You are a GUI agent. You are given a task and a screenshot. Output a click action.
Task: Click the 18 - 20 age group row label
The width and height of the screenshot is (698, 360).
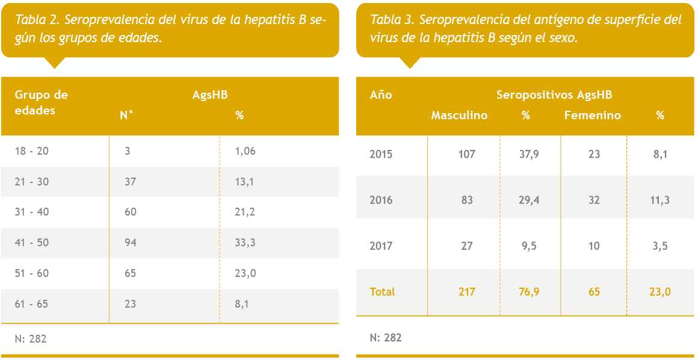32,151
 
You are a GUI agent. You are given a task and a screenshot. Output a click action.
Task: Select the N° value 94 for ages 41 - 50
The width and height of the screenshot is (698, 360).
131,243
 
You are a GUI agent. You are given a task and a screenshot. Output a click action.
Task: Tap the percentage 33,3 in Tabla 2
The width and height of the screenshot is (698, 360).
244,243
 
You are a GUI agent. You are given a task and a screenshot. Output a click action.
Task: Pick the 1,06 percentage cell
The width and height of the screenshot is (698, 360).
246,151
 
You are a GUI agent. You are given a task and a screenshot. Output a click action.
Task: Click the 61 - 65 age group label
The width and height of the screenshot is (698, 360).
32,304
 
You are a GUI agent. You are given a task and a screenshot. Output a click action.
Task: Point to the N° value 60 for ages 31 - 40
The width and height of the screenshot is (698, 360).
131,212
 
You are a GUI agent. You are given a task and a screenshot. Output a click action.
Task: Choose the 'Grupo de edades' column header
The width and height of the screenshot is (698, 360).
41,102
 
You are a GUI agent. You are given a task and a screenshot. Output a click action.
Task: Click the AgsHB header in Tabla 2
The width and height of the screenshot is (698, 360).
210,95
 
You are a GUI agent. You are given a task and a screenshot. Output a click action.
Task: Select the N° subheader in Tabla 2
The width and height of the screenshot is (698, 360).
126,115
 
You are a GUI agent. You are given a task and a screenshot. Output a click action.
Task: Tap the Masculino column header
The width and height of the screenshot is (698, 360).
459,115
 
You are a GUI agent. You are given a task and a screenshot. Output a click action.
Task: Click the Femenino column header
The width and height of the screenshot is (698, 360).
593,115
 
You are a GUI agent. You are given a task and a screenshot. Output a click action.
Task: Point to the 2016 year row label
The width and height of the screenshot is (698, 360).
381,200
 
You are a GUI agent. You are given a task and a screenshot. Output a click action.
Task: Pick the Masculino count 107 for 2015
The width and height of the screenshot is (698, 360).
466,154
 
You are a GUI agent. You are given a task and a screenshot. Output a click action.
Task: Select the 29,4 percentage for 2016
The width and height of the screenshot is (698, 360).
529,200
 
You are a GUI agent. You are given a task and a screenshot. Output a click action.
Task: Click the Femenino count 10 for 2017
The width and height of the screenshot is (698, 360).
594,246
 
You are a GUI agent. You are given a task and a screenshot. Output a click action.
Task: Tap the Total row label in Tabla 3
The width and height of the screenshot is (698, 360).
382,291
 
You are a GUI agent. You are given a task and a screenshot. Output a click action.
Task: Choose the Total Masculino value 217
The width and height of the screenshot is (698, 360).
466,291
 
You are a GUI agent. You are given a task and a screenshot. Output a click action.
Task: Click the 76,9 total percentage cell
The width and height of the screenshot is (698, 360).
529,291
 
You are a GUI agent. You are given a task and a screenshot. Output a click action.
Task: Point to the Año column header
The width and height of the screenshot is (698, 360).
381,95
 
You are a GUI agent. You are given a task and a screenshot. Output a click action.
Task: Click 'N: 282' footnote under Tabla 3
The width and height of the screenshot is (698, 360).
386,338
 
